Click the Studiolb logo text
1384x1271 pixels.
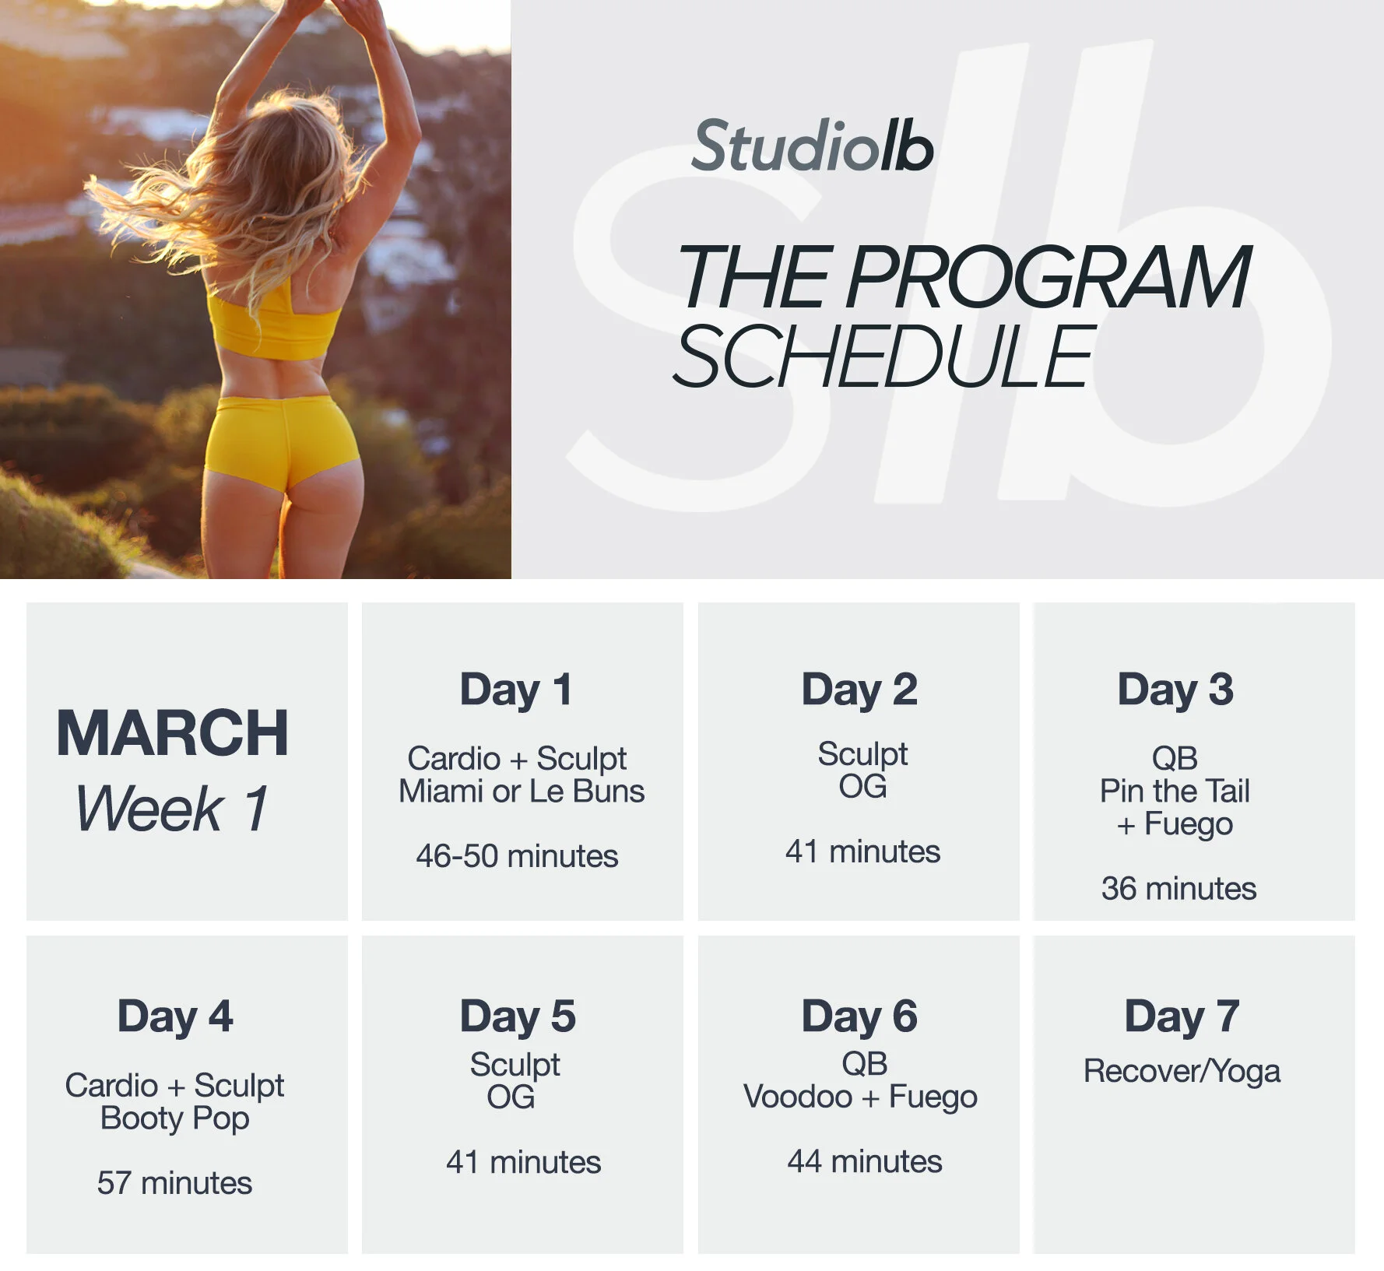pos(812,146)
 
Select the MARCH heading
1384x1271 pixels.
pos(173,733)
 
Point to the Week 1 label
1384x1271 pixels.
pos(172,808)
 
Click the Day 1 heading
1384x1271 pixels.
pos(516,690)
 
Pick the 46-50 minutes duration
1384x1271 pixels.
pos(517,856)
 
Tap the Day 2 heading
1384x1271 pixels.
pos(859,690)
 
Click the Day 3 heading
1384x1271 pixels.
pos(1175,690)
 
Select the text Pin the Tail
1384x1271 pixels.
pos(1175,791)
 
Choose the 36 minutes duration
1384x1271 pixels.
pos(1179,888)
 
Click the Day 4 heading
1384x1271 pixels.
pos(175,1016)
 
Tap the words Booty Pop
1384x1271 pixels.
pos(175,1118)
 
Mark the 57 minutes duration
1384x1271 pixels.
pos(174,1183)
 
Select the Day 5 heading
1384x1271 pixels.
pos(518,1016)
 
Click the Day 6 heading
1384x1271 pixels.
pos(859,1016)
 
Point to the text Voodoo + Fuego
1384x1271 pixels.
pos(860,1097)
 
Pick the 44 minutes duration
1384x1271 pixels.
pos(864,1161)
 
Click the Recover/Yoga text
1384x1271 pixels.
pos(1182,1071)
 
